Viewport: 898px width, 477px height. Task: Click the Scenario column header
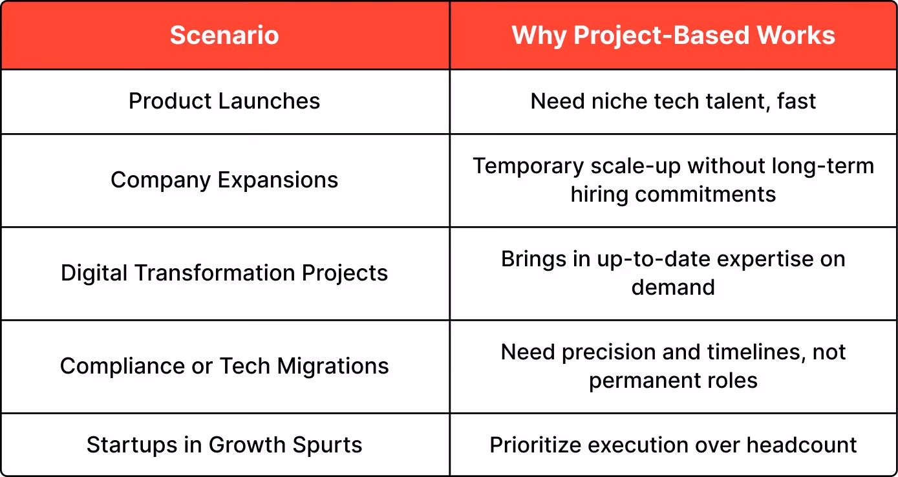[224, 36]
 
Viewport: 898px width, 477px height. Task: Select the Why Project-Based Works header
[673, 36]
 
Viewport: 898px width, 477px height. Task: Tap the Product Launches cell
[224, 101]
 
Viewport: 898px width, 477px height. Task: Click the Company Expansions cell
[224, 180]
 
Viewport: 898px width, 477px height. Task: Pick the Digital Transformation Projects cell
[224, 273]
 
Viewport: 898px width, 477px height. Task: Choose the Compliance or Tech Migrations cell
[224, 366]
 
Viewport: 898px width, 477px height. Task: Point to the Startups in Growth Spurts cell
[224, 445]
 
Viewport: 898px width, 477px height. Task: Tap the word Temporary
[528, 167]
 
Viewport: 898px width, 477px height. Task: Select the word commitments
[705, 195]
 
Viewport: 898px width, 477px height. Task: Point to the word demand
[673, 288]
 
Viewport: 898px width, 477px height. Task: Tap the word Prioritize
[535, 445]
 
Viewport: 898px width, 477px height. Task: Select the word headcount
[802, 445]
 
